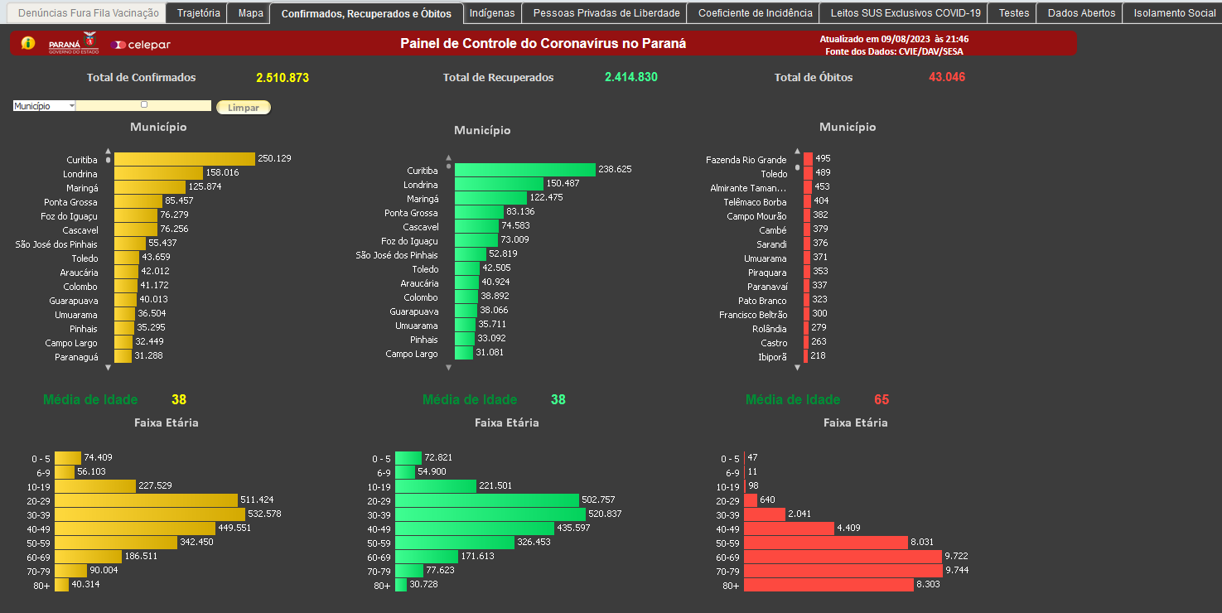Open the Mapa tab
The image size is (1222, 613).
pos(250,13)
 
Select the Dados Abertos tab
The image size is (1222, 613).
pos(1081,13)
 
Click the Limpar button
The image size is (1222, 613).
pos(243,108)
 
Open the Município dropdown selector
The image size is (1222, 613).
pos(44,106)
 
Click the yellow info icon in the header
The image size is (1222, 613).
pos(28,43)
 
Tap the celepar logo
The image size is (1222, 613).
pos(141,45)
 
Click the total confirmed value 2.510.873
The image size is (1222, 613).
pos(282,78)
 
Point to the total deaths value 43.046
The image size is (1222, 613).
pos(947,77)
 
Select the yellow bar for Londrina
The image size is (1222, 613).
pos(158,173)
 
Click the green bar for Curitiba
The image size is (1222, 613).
pos(524,170)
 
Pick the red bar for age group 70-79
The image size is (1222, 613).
pos(843,571)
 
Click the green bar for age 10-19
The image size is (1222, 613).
pos(436,486)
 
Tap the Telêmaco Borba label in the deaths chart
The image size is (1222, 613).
pos(754,202)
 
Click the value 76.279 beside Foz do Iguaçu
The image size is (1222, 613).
pos(174,215)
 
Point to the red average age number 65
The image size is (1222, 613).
pos(881,400)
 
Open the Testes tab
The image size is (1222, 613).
pos(1013,13)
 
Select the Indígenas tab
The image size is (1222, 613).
pos(492,13)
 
